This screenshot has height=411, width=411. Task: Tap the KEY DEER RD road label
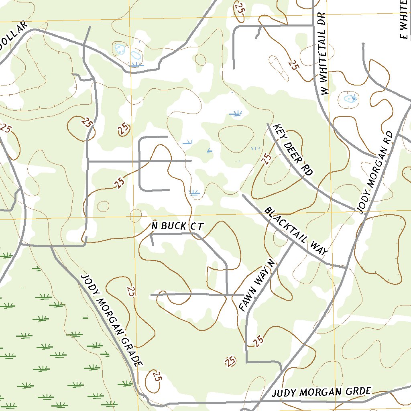click(x=293, y=150)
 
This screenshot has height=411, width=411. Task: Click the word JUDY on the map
click(x=284, y=393)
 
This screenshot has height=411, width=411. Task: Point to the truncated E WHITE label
click(x=404, y=20)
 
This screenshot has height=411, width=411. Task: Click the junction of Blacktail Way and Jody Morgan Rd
click(x=346, y=267)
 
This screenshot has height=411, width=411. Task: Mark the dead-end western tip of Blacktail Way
click(x=243, y=195)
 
